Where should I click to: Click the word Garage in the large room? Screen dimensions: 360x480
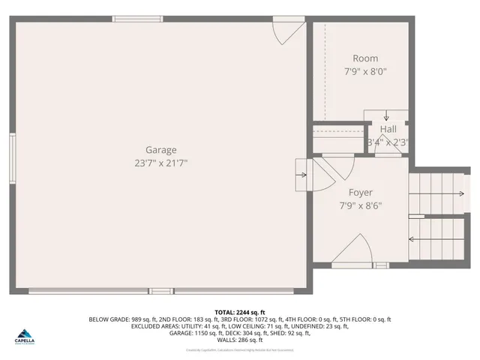161,150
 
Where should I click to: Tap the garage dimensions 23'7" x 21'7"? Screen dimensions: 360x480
161,163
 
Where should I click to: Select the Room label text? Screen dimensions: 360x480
365,58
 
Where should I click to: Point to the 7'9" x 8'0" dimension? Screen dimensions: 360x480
365,72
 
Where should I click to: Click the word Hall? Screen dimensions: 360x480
388,129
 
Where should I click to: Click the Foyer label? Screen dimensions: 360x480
360,192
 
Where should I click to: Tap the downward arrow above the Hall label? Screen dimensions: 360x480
386,115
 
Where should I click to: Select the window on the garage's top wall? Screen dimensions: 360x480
137,19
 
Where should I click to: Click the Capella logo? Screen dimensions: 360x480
28,335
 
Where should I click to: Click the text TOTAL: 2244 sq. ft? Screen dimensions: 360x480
240,312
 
